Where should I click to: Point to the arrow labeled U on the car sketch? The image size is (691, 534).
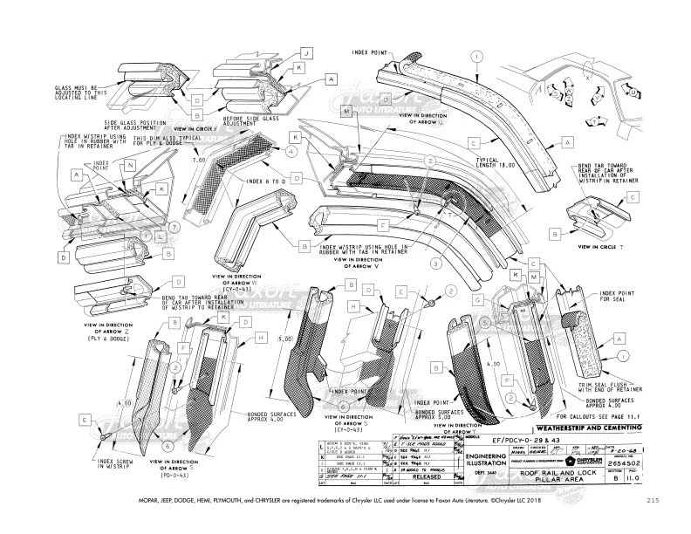(x=631, y=91)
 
